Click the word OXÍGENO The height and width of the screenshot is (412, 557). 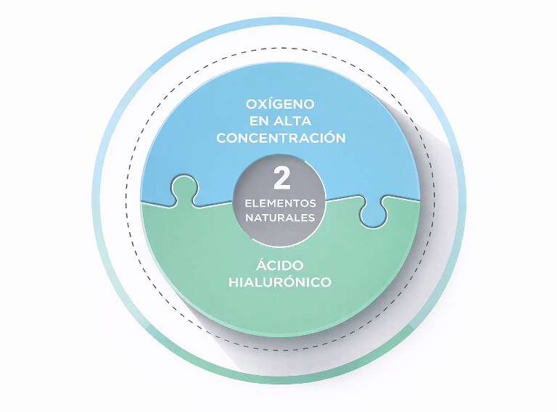tap(279, 104)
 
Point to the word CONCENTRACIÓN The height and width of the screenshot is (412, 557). tap(279, 139)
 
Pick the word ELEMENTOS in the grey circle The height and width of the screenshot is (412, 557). tap(280, 203)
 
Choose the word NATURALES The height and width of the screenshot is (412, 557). tap(280, 217)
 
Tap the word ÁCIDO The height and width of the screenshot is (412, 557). tap(278, 265)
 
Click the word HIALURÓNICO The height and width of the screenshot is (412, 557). tap(279, 282)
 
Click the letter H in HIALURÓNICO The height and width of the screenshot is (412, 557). tap(233, 282)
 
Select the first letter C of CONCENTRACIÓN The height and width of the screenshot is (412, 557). tap(221, 139)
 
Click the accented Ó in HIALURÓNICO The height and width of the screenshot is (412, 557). tap(294, 281)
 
